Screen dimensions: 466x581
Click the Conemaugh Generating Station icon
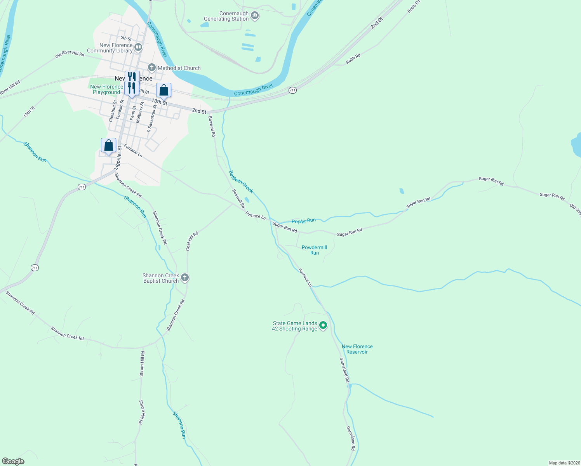[x=255, y=16]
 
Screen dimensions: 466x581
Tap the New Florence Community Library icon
[x=138, y=48]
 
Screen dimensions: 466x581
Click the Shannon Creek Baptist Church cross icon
[x=185, y=278]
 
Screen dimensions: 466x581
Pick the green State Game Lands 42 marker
[x=323, y=326]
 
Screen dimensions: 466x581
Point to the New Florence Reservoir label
[x=357, y=349]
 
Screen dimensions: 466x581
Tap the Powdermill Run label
[x=314, y=250]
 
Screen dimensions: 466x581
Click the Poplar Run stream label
[x=303, y=221]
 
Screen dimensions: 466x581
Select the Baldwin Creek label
[x=241, y=182]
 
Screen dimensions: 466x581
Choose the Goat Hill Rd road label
[x=192, y=241]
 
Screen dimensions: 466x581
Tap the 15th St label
[x=29, y=112]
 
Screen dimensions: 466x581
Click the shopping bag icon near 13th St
[x=164, y=90]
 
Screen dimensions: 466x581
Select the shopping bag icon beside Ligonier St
[x=108, y=145]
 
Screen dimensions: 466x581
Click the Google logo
[x=13, y=461]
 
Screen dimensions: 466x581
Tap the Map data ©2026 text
[x=564, y=463]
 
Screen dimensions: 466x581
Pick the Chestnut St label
[x=113, y=111]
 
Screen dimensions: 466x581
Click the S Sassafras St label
[x=151, y=118]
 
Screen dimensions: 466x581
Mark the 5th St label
[x=126, y=38]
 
